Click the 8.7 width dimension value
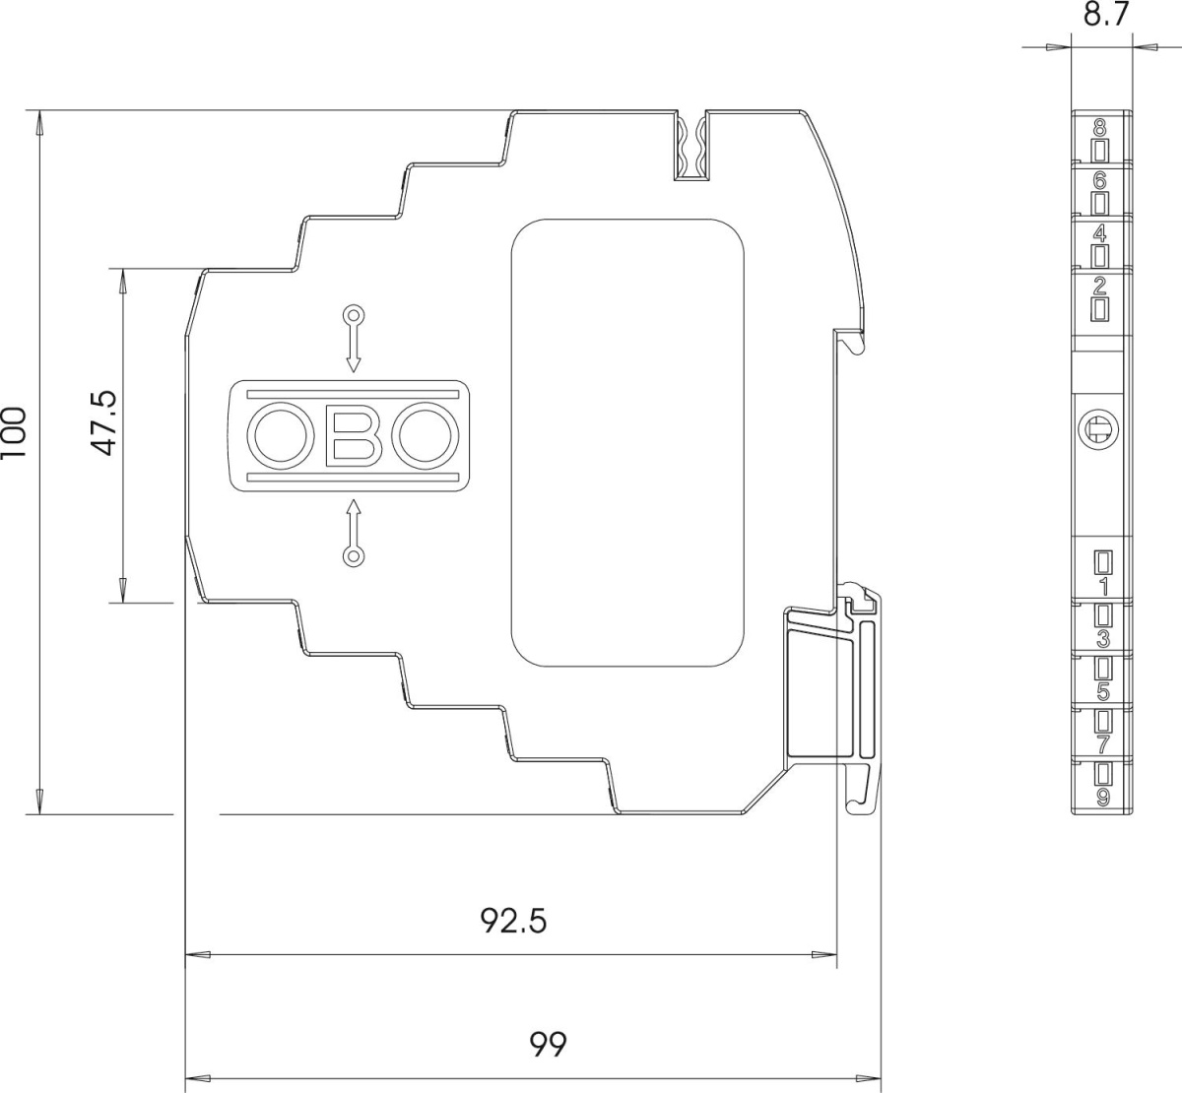(x=1105, y=15)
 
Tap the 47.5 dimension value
(x=104, y=423)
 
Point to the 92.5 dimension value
(x=513, y=921)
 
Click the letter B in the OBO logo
(x=355, y=435)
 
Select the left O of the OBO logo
(x=280, y=435)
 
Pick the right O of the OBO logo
(x=425, y=435)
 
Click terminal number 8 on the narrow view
(x=1100, y=128)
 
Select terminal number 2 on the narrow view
(x=1100, y=287)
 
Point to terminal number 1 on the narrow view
(x=1104, y=587)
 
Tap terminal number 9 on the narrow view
(x=1103, y=798)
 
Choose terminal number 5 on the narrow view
(x=1103, y=692)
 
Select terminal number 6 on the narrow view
(x=1100, y=180)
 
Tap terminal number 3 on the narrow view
(x=1103, y=640)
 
